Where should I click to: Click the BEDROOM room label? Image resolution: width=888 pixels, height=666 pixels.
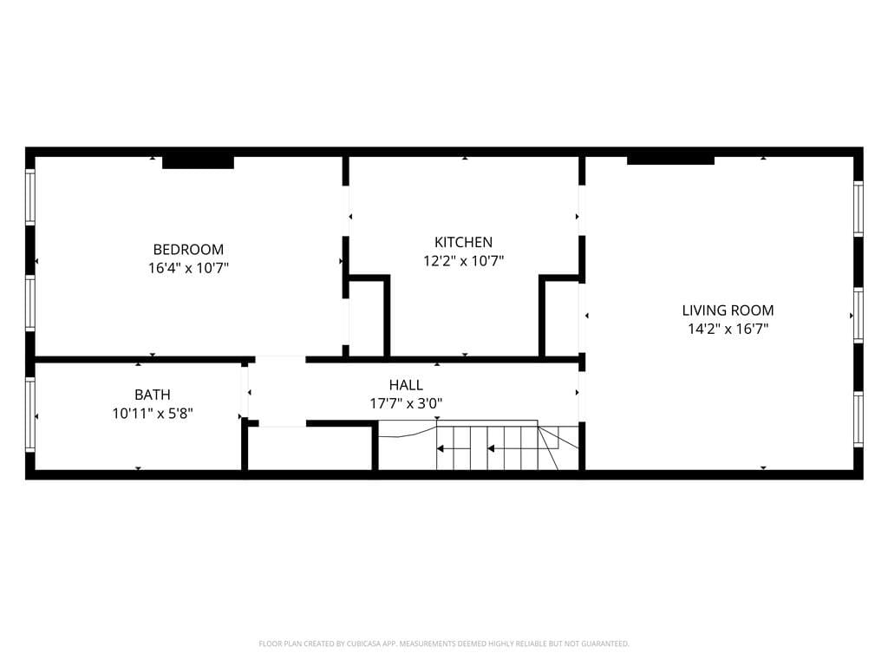click(188, 249)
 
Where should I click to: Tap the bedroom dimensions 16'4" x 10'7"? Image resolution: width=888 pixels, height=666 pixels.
click(188, 268)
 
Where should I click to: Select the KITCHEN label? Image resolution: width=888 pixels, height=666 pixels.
click(463, 242)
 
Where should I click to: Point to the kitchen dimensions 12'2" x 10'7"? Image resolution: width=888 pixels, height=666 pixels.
click(463, 260)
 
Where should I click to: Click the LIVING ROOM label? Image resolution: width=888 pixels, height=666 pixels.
click(728, 310)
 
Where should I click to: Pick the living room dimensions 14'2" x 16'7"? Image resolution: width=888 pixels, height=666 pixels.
click(728, 329)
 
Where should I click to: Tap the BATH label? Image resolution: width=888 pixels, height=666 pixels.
click(152, 395)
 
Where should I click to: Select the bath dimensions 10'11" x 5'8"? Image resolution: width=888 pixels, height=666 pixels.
click(152, 414)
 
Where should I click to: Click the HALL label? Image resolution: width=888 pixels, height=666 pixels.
click(406, 384)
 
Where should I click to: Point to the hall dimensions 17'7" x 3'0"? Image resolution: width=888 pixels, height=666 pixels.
click(406, 403)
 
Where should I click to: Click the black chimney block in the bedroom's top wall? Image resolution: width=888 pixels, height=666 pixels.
click(198, 161)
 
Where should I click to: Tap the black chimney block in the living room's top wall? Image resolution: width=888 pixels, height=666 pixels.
click(670, 159)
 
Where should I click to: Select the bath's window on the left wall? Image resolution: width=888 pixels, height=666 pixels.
click(30, 415)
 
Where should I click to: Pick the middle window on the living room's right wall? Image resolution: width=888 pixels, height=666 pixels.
click(858, 316)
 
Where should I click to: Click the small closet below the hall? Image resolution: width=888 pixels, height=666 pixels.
click(310, 448)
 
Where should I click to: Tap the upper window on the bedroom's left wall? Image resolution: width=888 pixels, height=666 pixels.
click(30, 198)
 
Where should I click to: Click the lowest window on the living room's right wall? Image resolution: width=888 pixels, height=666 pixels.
click(858, 419)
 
